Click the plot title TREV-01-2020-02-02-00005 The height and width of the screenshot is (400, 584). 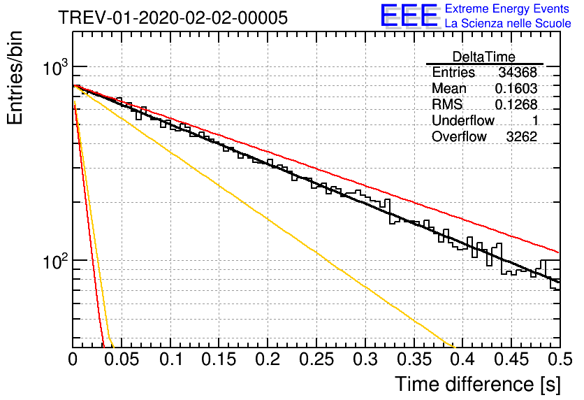coord(173,17)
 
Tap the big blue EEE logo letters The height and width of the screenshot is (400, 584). coord(409,15)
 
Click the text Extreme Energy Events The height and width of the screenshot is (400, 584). coord(507,8)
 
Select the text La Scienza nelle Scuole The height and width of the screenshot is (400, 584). coord(508,23)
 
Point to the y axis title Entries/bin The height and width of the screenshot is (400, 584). coord(15,78)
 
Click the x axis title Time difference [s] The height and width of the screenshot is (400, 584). coord(478,385)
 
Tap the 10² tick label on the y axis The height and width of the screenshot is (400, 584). coord(56,262)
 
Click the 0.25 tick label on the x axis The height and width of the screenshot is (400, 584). coord(316,359)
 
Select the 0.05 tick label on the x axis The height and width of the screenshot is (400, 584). coord(122,359)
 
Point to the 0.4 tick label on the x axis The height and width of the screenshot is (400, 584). coord(463,359)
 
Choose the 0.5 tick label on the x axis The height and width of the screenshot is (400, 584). coord(560,359)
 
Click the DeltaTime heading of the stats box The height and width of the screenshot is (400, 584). coord(484,57)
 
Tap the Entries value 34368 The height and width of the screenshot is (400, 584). coord(518,72)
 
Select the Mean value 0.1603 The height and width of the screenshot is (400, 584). coord(516,88)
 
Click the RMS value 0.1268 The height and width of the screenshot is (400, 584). coord(516,104)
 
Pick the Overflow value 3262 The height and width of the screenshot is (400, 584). coord(521,137)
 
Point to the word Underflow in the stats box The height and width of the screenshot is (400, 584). coord(463,120)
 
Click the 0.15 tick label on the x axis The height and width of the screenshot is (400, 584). coord(219,359)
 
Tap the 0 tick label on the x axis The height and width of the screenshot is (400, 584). coord(73,359)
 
